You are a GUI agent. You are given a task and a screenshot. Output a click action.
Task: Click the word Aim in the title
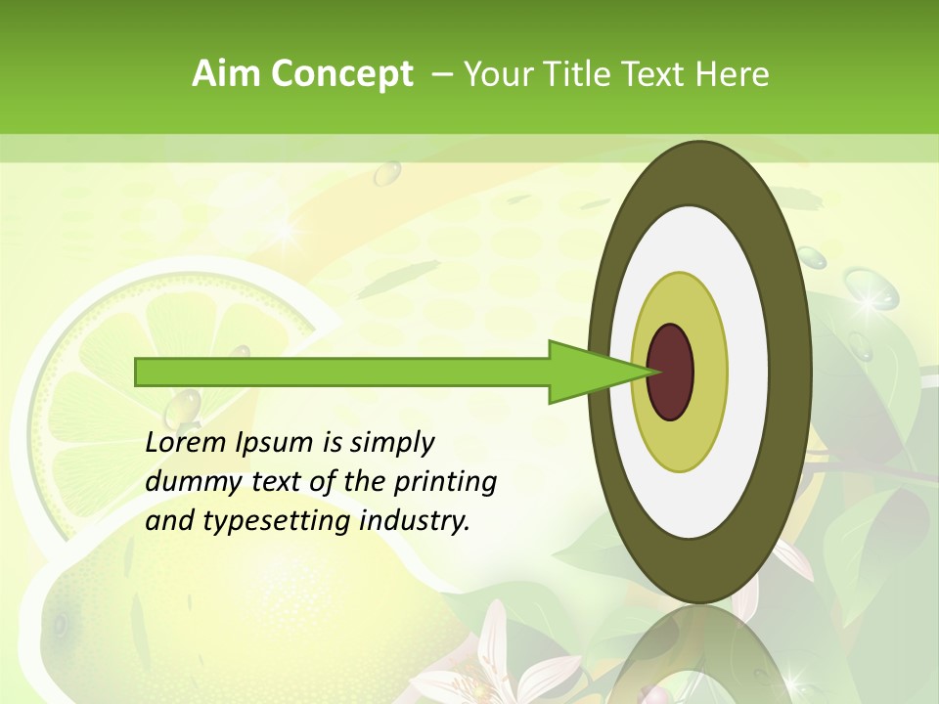(x=226, y=74)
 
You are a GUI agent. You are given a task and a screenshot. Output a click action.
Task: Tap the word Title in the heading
(x=597, y=74)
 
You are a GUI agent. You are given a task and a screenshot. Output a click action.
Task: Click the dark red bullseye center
(x=671, y=372)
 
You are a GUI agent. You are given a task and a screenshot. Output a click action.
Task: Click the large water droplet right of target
(x=871, y=288)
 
